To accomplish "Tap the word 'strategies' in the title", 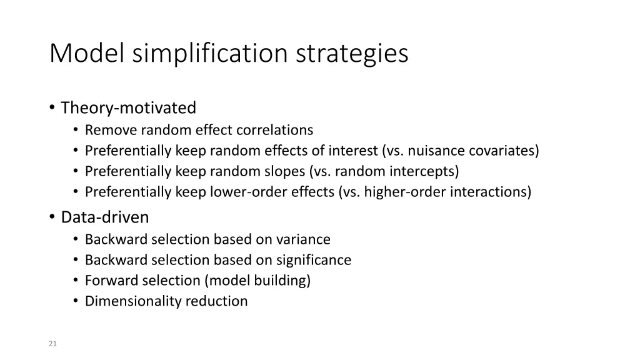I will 352,54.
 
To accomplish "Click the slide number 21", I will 52,343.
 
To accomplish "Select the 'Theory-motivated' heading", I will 128,108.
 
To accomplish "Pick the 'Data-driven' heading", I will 105,217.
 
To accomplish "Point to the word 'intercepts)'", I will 424,171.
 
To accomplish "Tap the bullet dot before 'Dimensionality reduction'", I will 76,301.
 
